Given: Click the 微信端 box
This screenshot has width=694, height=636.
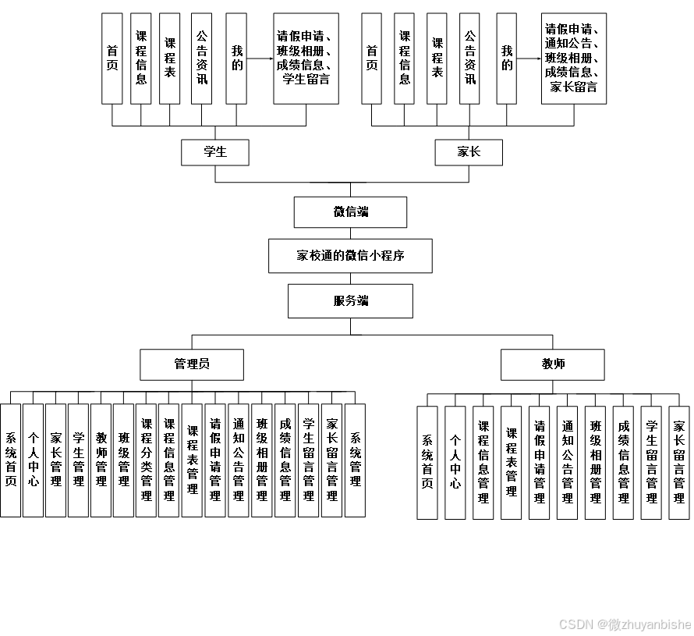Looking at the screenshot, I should (x=350, y=211).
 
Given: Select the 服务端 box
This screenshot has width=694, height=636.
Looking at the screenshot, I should (x=350, y=300).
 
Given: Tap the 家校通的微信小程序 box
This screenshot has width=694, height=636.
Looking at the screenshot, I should (x=350, y=255).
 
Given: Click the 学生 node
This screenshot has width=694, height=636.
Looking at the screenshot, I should (x=214, y=152).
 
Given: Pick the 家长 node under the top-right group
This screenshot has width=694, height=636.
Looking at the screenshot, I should (x=469, y=152).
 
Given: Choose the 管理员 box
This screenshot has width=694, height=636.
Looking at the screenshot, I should (x=192, y=364).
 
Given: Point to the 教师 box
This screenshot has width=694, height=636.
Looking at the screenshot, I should (x=553, y=364).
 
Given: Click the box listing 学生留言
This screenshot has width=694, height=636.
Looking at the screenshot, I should (x=306, y=58).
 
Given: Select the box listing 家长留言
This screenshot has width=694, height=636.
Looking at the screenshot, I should (x=573, y=58).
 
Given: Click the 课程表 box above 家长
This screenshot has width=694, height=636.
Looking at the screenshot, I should (x=437, y=58).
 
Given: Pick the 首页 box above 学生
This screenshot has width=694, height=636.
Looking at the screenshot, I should (x=112, y=58).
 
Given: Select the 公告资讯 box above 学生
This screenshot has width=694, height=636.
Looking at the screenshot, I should (x=202, y=58).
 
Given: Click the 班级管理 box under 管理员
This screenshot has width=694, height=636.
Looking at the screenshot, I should (x=123, y=460).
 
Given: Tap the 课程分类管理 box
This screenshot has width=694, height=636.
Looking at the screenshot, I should (x=146, y=460).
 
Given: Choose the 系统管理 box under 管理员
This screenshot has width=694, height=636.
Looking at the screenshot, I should (x=355, y=460).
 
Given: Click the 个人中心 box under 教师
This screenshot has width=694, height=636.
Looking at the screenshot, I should (x=455, y=462).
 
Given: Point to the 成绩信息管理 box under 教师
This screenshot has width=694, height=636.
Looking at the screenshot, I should (x=623, y=462).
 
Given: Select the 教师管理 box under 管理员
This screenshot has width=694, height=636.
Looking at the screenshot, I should (x=101, y=460).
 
